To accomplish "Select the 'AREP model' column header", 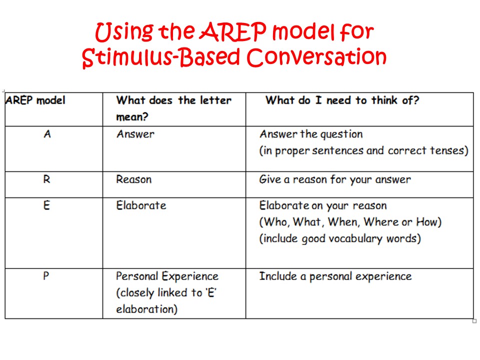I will (35, 100).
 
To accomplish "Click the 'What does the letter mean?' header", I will (173, 108).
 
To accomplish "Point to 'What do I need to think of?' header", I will (342, 100).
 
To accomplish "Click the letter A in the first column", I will (47, 134).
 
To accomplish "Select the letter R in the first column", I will (46, 179).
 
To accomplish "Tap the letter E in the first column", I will (46, 205).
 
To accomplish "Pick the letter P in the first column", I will (46, 276).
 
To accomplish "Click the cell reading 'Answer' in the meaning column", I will (135, 134).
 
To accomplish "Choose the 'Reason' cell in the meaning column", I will (133, 179).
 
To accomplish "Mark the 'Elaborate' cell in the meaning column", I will (141, 205).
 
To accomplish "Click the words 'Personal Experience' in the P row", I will (167, 276).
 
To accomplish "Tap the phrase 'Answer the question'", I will (310, 134).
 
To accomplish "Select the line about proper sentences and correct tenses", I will (363, 150).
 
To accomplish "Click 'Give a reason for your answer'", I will (334, 179).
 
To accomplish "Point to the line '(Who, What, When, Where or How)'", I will (350, 222).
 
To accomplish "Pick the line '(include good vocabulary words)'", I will (339, 238).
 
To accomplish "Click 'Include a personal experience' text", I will (335, 276).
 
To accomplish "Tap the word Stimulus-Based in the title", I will (160, 57).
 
